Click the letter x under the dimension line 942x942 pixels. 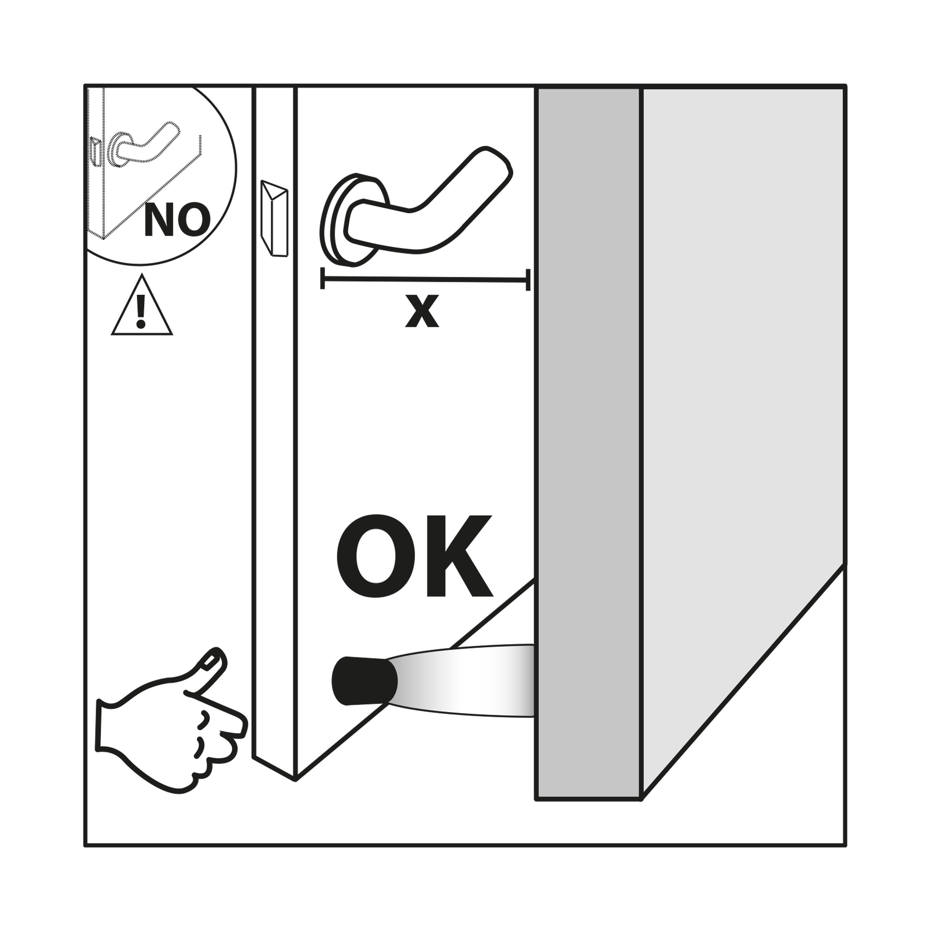[422, 311]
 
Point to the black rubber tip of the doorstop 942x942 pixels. [364, 681]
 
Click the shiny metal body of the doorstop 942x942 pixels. [463, 681]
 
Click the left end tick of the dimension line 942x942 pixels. [322, 278]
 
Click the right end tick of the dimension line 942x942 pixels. [528, 280]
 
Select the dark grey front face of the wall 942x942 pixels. [588, 444]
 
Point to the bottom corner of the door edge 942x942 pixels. [295, 780]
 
